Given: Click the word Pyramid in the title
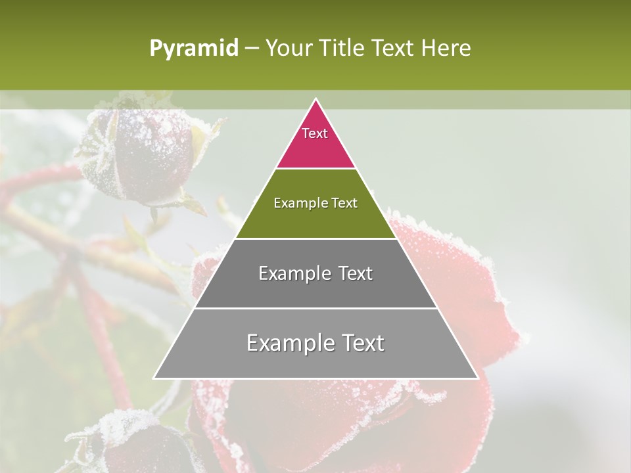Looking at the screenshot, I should (194, 49).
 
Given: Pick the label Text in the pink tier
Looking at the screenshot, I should (315, 133).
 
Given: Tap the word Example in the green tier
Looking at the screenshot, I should (298, 203).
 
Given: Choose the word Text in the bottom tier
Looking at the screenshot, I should (360, 343).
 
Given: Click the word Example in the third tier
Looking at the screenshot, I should (291, 273).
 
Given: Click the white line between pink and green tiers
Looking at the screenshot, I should (315, 169).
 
